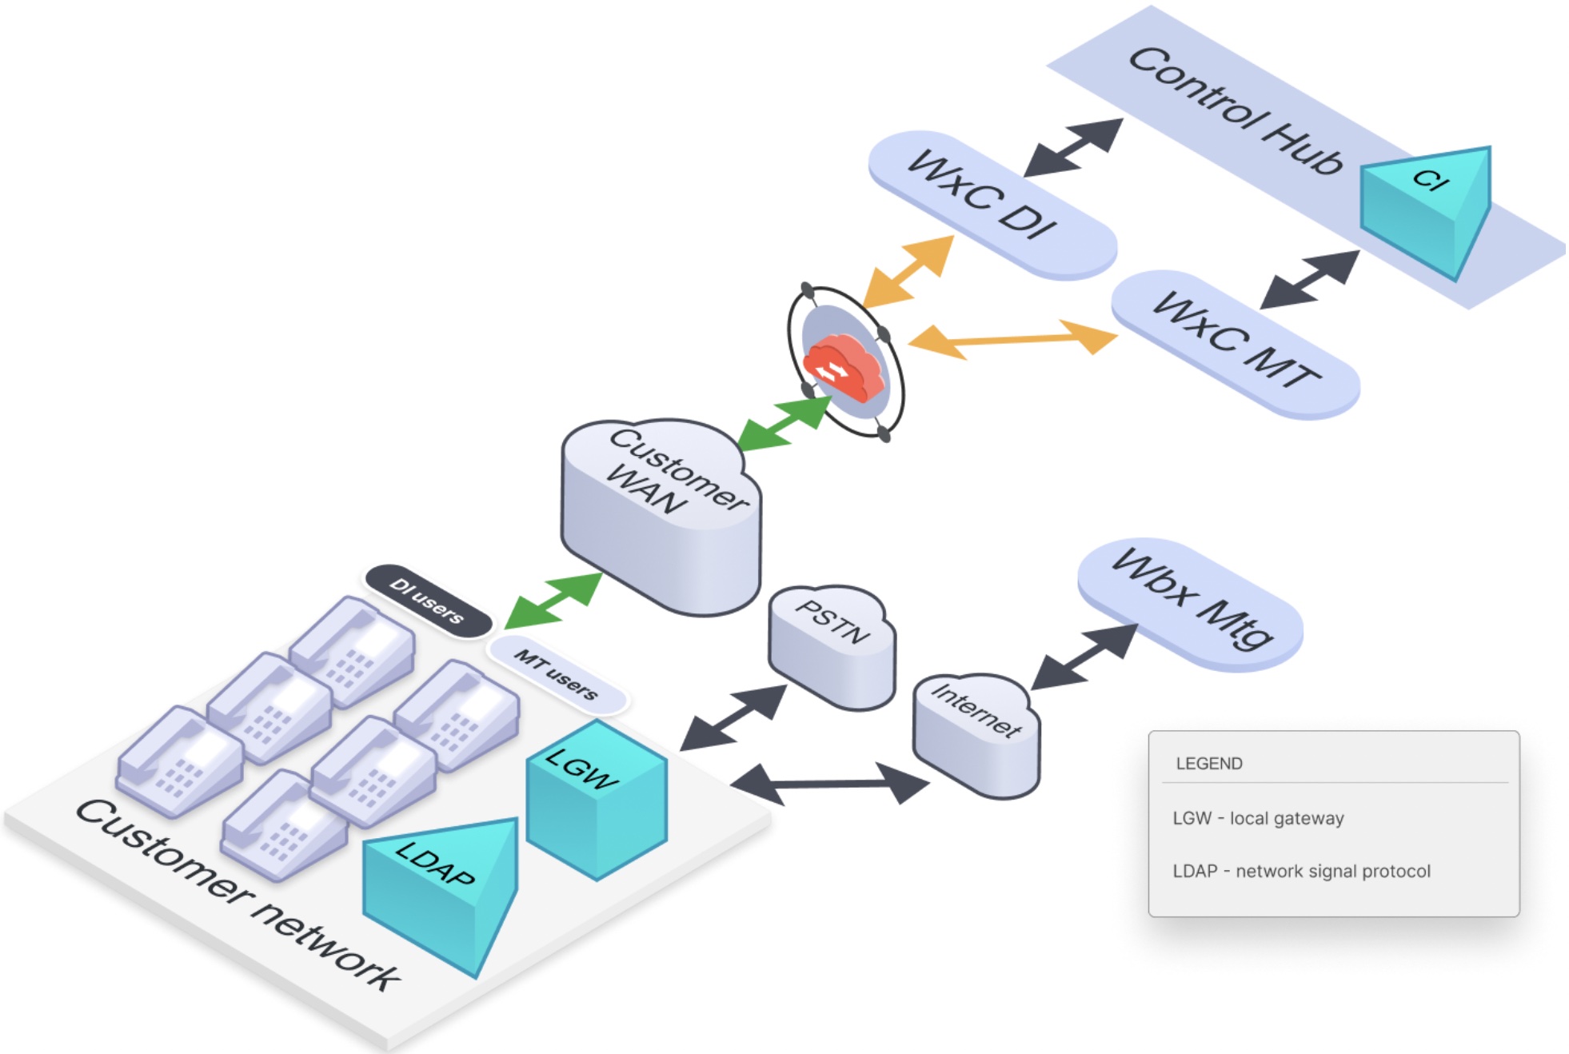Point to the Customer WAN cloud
(662, 512)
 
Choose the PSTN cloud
(832, 644)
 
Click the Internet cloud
(976, 732)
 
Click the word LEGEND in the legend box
(1208, 763)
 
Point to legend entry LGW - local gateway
(1257, 818)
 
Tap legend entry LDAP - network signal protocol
(1300, 871)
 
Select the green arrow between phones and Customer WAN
(553, 600)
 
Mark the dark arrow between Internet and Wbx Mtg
(1084, 657)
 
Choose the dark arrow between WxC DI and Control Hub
(1073, 147)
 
